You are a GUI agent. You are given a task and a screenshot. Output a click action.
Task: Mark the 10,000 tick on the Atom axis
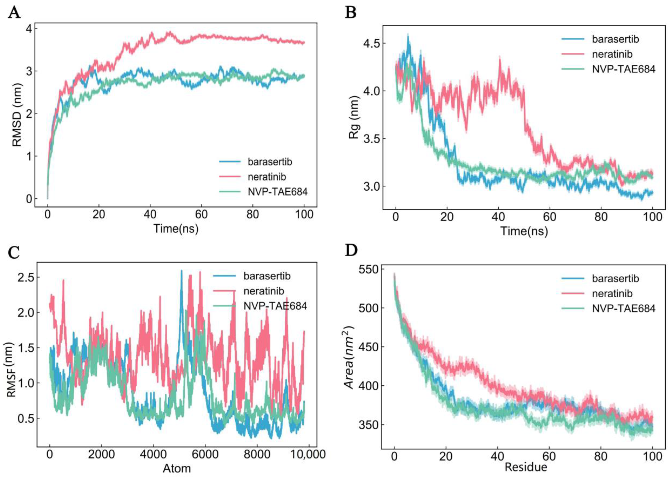(x=308, y=454)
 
